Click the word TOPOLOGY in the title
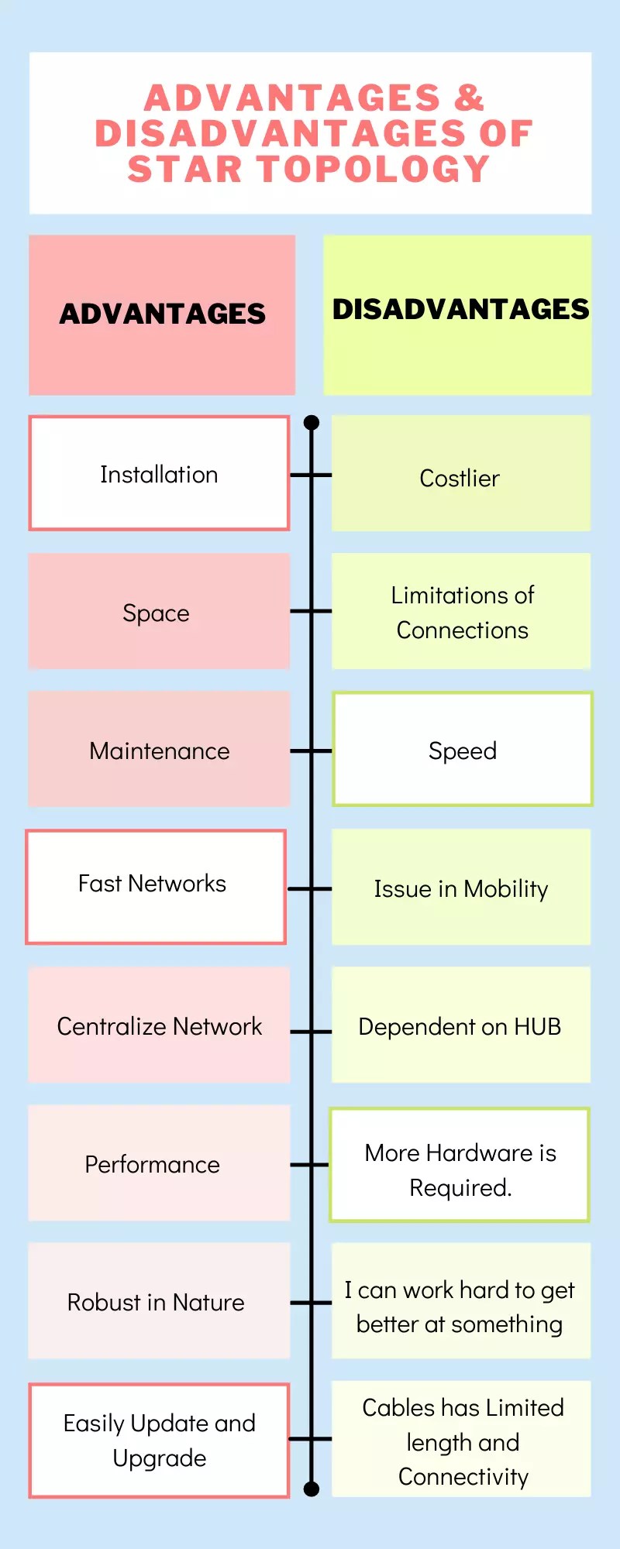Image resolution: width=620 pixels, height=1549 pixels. (374, 169)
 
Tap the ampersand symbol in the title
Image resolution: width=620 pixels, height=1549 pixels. (469, 98)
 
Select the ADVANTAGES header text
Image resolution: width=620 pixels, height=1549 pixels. (162, 314)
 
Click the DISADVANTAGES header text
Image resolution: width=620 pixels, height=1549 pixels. (460, 309)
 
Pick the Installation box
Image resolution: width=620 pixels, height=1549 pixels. (159, 474)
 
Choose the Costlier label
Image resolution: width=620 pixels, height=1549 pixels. (460, 479)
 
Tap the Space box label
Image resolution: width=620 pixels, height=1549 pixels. (156, 613)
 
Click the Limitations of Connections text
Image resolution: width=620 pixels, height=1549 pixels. (462, 613)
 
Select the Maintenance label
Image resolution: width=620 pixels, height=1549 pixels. (159, 751)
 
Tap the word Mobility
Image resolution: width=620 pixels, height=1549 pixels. (505, 889)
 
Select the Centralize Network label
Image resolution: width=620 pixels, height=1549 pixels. (159, 1027)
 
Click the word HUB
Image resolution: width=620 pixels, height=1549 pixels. (537, 1027)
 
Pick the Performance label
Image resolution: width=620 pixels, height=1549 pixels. (153, 1165)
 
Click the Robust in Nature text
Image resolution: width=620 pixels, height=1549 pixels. (156, 1303)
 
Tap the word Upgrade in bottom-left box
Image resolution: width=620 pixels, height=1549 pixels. (160, 1458)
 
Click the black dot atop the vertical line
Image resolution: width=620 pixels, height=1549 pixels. (312, 423)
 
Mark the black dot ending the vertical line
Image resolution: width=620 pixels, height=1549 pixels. (312, 1489)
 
